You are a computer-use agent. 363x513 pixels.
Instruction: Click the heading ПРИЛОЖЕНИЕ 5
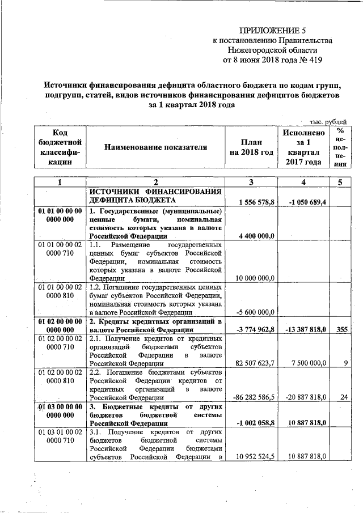tap(272, 30)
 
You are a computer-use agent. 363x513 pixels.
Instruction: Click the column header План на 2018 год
tap(251, 147)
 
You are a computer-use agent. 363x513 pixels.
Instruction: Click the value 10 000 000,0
tap(253, 278)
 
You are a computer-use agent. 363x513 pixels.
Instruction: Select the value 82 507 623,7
tap(253, 363)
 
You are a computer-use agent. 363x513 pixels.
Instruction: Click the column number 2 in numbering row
tap(155, 183)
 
